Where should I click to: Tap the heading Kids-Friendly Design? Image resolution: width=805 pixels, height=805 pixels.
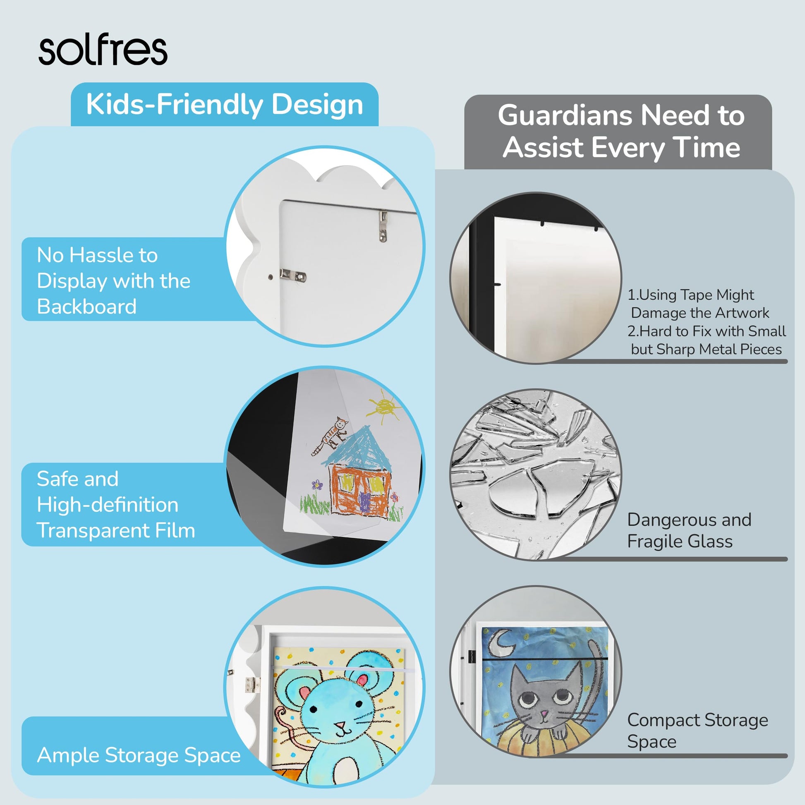point(225,104)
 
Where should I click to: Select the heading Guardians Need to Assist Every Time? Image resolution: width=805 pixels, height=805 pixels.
point(621,131)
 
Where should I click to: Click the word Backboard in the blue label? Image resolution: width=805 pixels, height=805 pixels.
point(87,307)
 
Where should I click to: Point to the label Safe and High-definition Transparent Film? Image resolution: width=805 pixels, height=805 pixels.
point(116,505)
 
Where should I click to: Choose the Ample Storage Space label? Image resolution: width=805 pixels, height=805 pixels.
point(139,755)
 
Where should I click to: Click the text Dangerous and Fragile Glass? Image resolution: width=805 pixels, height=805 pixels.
point(689,530)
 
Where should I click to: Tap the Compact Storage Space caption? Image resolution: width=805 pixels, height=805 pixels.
point(697,731)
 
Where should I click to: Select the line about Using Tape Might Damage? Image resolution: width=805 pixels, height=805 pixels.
point(692,304)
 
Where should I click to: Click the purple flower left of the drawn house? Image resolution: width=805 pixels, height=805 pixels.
point(317,484)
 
